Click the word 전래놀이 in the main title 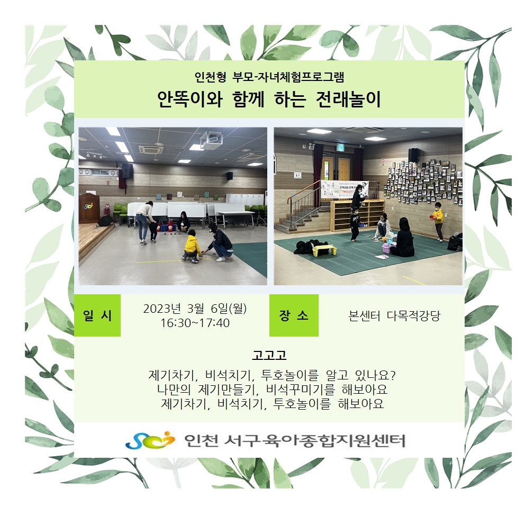point(348,99)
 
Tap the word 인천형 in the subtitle point(210,77)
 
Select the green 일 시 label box point(97,315)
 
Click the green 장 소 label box point(294,315)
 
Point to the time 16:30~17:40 point(195,323)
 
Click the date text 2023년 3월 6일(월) point(195,309)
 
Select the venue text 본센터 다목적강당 point(394,316)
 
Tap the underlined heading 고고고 point(269,355)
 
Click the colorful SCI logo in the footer point(150,440)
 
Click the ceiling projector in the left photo point(211,139)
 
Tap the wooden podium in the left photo point(89,209)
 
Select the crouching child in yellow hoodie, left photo point(192,246)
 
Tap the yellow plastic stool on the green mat point(323,250)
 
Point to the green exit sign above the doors point(341,148)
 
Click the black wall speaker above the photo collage point(414,155)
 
